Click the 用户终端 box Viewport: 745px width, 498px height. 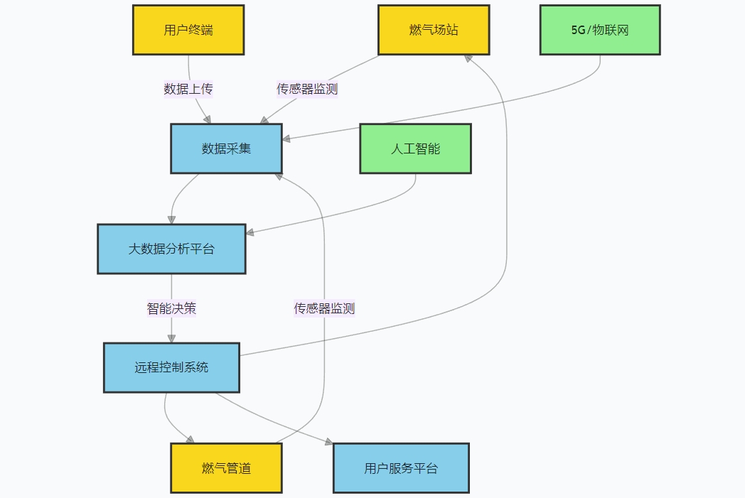(x=188, y=30)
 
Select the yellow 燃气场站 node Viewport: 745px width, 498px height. (x=434, y=30)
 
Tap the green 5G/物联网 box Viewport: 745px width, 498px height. (x=600, y=30)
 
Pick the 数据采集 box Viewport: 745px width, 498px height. (x=226, y=148)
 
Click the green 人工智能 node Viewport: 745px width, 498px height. (x=415, y=148)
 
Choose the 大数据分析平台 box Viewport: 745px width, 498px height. (x=171, y=249)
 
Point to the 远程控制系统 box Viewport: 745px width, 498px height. (x=171, y=367)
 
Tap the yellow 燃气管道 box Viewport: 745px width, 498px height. (x=226, y=468)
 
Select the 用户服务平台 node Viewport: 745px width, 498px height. (x=401, y=468)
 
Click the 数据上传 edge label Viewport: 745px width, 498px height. (x=188, y=89)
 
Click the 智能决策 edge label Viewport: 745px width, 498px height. (x=171, y=308)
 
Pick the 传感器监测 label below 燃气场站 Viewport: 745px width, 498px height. (x=307, y=89)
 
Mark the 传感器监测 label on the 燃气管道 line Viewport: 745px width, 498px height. (x=324, y=308)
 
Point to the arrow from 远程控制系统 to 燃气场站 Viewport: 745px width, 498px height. (x=506, y=213)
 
